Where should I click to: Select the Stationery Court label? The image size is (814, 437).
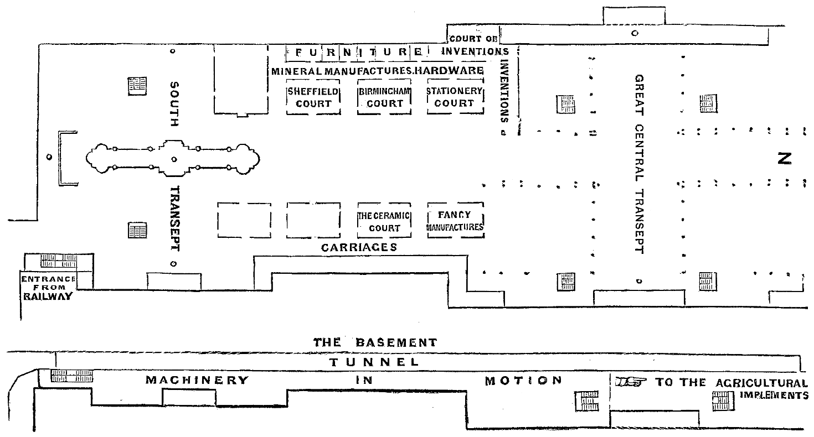(x=455, y=98)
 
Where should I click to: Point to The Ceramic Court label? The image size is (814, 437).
(x=384, y=222)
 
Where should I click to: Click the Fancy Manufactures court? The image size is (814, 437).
(x=456, y=221)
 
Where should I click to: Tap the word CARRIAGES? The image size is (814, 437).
(x=359, y=247)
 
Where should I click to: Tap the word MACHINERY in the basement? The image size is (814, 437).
(x=197, y=381)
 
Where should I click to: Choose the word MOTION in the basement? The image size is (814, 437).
(x=524, y=381)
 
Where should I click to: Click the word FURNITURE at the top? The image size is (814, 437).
(x=359, y=53)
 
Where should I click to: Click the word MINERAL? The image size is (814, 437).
(x=297, y=71)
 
